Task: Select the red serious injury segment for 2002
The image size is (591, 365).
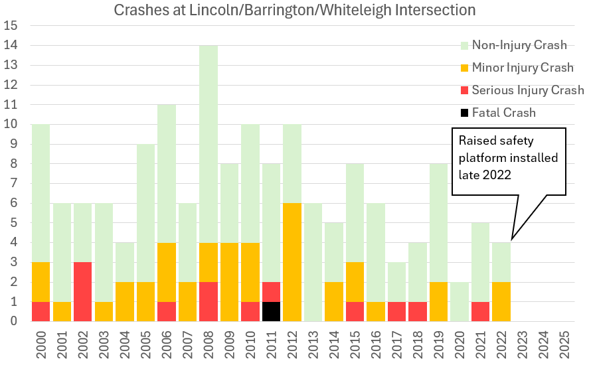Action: [82, 291]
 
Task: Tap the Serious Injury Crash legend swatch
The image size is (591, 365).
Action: [464, 90]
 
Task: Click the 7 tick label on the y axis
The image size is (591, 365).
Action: [12, 184]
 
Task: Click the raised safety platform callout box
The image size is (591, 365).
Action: [508, 161]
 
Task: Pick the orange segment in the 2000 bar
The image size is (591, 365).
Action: [41, 281]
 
